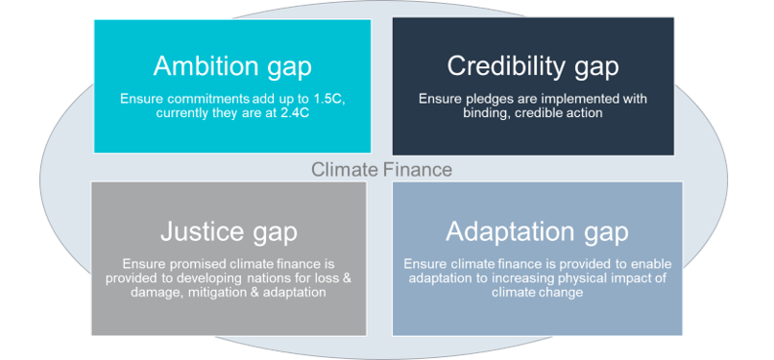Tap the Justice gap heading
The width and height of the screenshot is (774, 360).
pos(228,231)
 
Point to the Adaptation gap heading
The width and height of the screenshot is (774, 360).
pos(537,231)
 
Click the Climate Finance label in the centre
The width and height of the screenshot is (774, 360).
pos(381,170)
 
